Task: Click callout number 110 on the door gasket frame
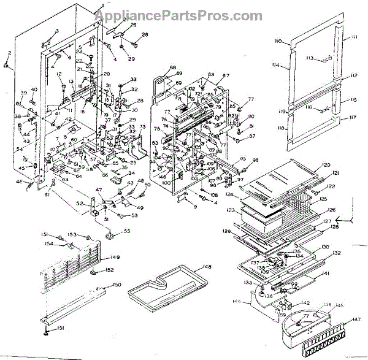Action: click(x=278, y=41)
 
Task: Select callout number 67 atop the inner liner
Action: click(x=226, y=75)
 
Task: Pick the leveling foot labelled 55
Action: click(x=110, y=232)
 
